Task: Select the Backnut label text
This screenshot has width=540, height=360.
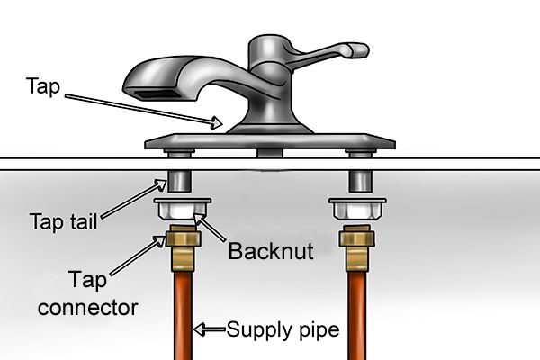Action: click(270, 251)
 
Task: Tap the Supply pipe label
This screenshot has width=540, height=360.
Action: click(283, 329)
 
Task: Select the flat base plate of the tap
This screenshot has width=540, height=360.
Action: click(270, 142)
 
